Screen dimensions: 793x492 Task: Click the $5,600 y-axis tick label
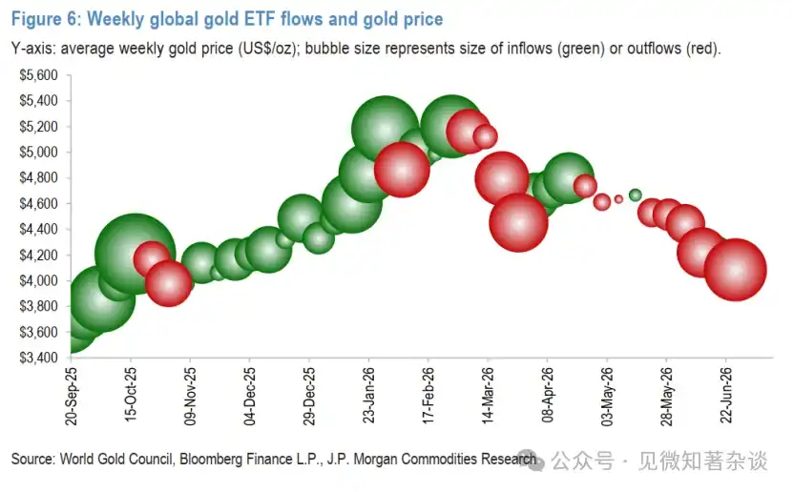click(38, 75)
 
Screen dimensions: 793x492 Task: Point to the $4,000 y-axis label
click(38, 280)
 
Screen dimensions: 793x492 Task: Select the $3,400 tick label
click(38, 358)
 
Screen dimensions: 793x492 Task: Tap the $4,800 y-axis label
click(38, 177)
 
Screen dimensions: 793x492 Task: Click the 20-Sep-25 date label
click(72, 397)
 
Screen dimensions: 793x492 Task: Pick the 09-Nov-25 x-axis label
click(190, 397)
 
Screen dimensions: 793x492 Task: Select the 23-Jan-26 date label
click(368, 395)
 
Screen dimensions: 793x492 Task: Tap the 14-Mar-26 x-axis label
click(488, 396)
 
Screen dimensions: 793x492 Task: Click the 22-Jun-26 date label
click(726, 395)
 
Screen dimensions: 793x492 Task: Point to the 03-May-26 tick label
click(607, 397)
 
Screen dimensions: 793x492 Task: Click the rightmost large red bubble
click(736, 270)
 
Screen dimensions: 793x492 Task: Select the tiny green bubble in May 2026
click(636, 195)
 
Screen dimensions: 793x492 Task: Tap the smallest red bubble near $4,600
click(618, 199)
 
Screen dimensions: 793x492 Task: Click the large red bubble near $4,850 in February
click(402, 170)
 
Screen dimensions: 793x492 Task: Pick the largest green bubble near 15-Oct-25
click(136, 254)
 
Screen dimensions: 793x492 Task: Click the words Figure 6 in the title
click(46, 19)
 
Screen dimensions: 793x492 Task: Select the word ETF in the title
click(259, 19)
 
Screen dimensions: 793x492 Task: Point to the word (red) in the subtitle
click(703, 49)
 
